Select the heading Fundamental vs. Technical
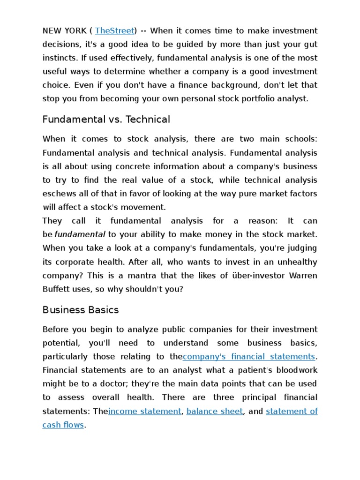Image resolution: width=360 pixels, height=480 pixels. pyautogui.click(x=106, y=120)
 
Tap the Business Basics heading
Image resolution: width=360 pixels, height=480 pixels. pyautogui.click(x=81, y=310)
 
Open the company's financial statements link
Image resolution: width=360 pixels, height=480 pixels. pyautogui.click(x=248, y=357)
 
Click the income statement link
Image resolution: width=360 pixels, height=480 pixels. pyautogui.click(x=144, y=411)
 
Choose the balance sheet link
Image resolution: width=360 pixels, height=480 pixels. pyautogui.click(x=215, y=411)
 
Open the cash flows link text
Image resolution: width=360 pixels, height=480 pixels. pyautogui.click(x=63, y=425)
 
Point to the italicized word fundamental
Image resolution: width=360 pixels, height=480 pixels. pyautogui.click(x=79, y=234)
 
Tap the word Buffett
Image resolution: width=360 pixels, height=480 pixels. pyautogui.click(x=56, y=289)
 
